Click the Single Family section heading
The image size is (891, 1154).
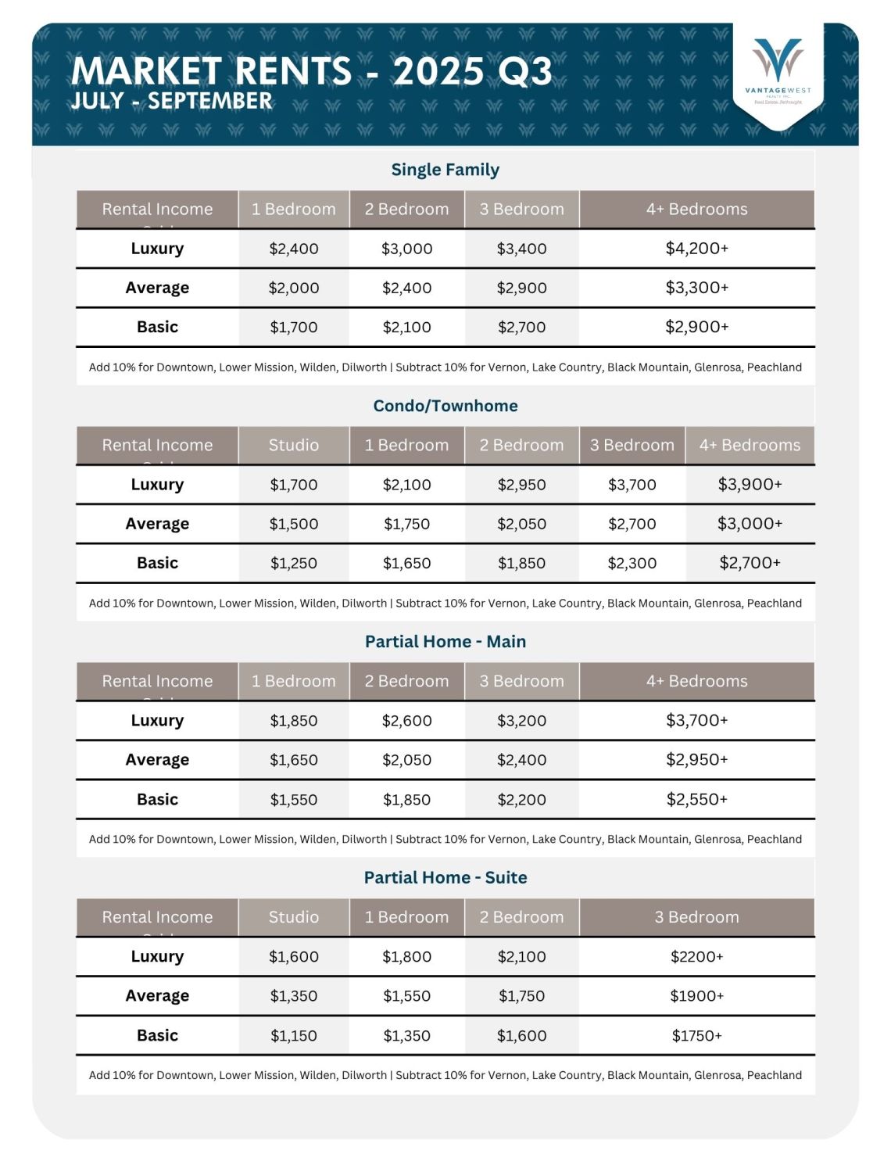(x=445, y=170)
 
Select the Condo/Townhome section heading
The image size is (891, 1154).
(x=445, y=406)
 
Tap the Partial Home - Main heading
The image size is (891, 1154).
(x=445, y=642)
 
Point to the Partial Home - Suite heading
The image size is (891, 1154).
(x=445, y=877)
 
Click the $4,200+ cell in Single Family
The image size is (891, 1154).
(x=696, y=249)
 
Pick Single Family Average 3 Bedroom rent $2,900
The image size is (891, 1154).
(x=521, y=288)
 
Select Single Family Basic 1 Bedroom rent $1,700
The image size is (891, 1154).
(x=294, y=327)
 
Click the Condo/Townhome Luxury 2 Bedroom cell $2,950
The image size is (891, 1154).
(x=521, y=485)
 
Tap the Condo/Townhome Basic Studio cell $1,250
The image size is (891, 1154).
(x=294, y=563)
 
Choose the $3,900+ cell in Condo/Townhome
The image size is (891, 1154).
(x=750, y=485)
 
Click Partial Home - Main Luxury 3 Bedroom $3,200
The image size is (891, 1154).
(x=521, y=721)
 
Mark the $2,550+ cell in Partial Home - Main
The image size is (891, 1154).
(x=696, y=799)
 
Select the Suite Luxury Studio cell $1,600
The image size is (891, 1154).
(x=294, y=956)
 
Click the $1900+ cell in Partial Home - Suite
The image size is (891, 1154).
(x=696, y=996)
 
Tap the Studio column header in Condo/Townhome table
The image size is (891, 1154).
(x=294, y=445)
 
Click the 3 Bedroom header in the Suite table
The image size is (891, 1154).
(x=696, y=917)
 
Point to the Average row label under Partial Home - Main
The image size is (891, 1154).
(x=157, y=760)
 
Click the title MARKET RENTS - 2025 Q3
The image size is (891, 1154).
(x=311, y=71)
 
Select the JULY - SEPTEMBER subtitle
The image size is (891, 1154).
(x=171, y=101)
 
